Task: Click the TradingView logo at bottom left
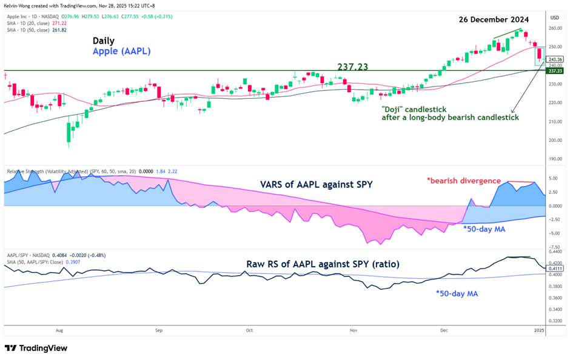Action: [x=36, y=348]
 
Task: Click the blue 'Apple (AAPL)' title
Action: [x=121, y=52]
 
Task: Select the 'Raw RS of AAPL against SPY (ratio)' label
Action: [x=323, y=264]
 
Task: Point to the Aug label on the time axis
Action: [x=59, y=331]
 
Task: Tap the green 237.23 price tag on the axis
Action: [x=555, y=71]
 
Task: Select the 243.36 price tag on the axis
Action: [x=555, y=59]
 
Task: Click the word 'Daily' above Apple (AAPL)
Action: [x=104, y=41]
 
